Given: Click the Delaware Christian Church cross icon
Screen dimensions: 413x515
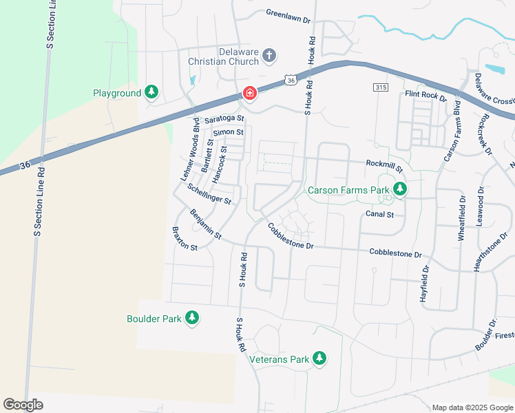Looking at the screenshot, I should (269, 55).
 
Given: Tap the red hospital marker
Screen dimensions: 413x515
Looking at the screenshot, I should (249, 93).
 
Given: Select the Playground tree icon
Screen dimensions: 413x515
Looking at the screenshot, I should (151, 92).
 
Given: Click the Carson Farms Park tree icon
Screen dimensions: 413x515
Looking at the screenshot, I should (399, 189).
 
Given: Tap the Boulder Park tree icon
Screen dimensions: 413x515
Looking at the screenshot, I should (193, 318).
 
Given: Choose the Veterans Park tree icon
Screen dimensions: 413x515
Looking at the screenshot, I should (319, 359).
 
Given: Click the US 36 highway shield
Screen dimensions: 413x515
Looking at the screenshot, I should (292, 81).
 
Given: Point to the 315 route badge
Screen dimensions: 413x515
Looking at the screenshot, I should (381, 87).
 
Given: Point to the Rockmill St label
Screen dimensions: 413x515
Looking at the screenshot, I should (384, 166).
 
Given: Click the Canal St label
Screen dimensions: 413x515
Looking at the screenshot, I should (379, 214).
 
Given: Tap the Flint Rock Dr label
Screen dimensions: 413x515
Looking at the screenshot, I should (425, 94).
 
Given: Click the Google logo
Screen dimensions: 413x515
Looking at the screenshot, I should (23, 405).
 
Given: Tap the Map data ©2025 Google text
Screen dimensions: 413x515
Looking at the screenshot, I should (472, 407).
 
